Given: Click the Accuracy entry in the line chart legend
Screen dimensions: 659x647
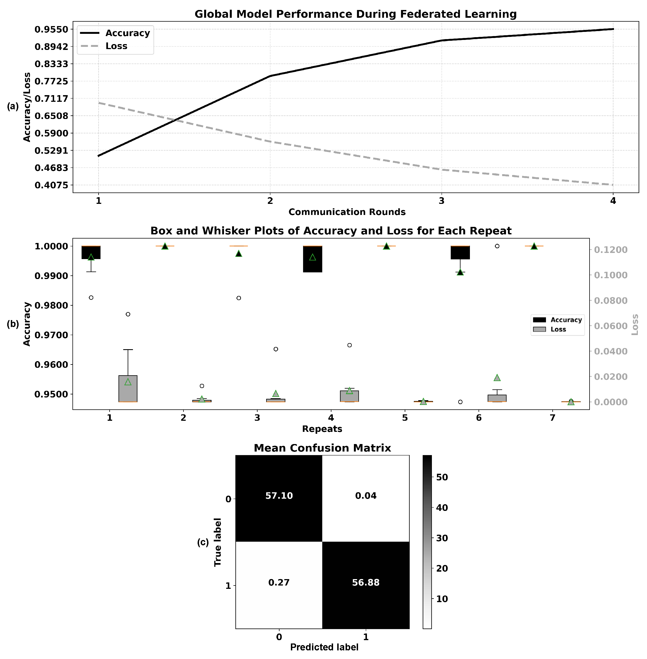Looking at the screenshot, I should point(127,33).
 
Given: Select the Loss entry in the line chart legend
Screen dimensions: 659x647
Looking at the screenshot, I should point(116,46).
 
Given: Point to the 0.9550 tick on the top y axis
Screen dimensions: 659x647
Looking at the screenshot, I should point(51,29).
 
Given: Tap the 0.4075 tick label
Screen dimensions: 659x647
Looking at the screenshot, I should point(51,185).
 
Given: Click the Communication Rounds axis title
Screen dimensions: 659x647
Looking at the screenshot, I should point(347,212).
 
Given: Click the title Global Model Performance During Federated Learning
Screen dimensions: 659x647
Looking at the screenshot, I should point(356,14).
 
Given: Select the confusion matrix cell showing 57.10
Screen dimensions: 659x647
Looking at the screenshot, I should point(279,496).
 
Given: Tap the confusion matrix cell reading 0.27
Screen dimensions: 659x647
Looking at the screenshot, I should point(279,583).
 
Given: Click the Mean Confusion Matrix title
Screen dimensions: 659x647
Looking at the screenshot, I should point(322,448).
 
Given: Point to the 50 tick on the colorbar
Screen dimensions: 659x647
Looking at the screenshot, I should point(442,477).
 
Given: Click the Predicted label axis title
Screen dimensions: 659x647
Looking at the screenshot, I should point(324,647).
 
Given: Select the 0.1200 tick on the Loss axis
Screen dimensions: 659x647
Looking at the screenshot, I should point(610,250).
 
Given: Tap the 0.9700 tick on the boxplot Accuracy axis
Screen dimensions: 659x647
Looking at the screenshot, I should point(51,335).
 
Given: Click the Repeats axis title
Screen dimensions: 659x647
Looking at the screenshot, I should point(322,429).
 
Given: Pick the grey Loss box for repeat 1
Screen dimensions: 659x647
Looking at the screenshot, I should point(128,389).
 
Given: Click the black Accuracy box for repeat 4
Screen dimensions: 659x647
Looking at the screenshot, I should point(313,259).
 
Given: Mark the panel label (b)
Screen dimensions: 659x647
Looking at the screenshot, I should point(13,324).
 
